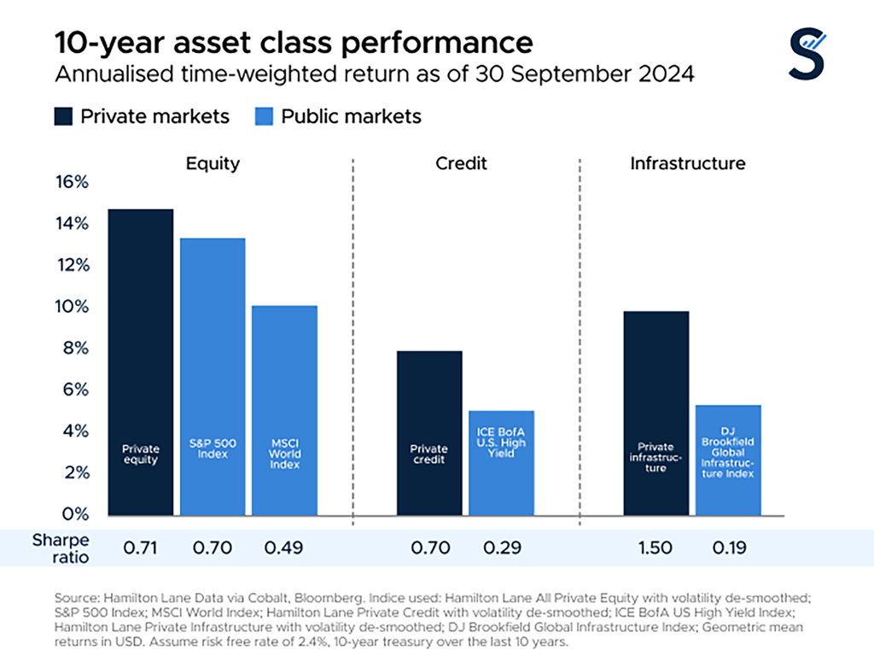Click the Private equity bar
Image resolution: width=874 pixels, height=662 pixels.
pyautogui.click(x=140, y=362)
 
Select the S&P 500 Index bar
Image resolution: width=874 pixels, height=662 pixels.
pyautogui.click(x=213, y=377)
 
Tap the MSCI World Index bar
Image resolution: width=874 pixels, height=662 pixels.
pyautogui.click(x=285, y=410)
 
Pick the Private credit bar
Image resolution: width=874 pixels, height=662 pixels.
pyautogui.click(x=428, y=433)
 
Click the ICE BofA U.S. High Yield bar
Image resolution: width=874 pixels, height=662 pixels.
pyautogui.click(x=501, y=463)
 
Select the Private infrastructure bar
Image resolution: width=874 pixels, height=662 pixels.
pyautogui.click(x=655, y=413)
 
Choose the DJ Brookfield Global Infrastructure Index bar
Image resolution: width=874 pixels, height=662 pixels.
pyautogui.click(x=728, y=460)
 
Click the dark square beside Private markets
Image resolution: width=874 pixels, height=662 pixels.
pyautogui.click(x=64, y=116)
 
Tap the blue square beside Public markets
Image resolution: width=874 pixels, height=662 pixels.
pyautogui.click(x=265, y=116)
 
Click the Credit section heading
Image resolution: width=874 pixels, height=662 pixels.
pyautogui.click(x=463, y=163)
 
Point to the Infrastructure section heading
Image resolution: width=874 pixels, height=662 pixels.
pyautogui.click(x=687, y=163)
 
